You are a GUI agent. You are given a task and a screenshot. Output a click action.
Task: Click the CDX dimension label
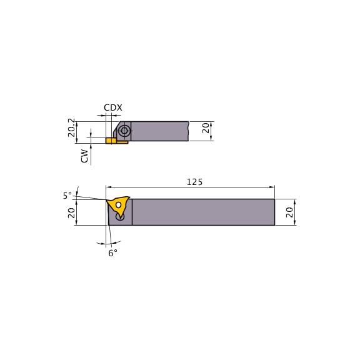pyautogui.click(x=113, y=107)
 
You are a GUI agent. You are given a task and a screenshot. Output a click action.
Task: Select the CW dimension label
pyautogui.click(x=84, y=156)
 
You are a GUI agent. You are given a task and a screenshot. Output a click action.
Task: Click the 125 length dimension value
pyautogui.click(x=194, y=182)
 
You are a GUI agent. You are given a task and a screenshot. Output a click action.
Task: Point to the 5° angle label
pyautogui.click(x=67, y=196)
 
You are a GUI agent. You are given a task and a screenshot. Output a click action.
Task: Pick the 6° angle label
pyautogui.click(x=112, y=252)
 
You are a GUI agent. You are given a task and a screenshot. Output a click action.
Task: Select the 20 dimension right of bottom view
pyautogui.click(x=289, y=212)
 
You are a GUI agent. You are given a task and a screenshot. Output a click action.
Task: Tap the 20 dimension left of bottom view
pyautogui.click(x=71, y=212)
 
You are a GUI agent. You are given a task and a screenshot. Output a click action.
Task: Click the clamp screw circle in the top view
pyautogui.click(x=124, y=131)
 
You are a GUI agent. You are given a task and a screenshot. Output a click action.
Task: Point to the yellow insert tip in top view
pyautogui.click(x=111, y=141)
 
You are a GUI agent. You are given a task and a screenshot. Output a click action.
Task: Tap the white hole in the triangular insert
pyautogui.click(x=118, y=205)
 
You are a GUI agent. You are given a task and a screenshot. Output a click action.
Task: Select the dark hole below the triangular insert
pyautogui.click(x=120, y=217)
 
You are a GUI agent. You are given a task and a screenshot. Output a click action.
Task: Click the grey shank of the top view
pyautogui.click(x=159, y=131)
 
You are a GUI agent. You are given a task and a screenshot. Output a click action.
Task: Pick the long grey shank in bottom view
pyautogui.click(x=203, y=212)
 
